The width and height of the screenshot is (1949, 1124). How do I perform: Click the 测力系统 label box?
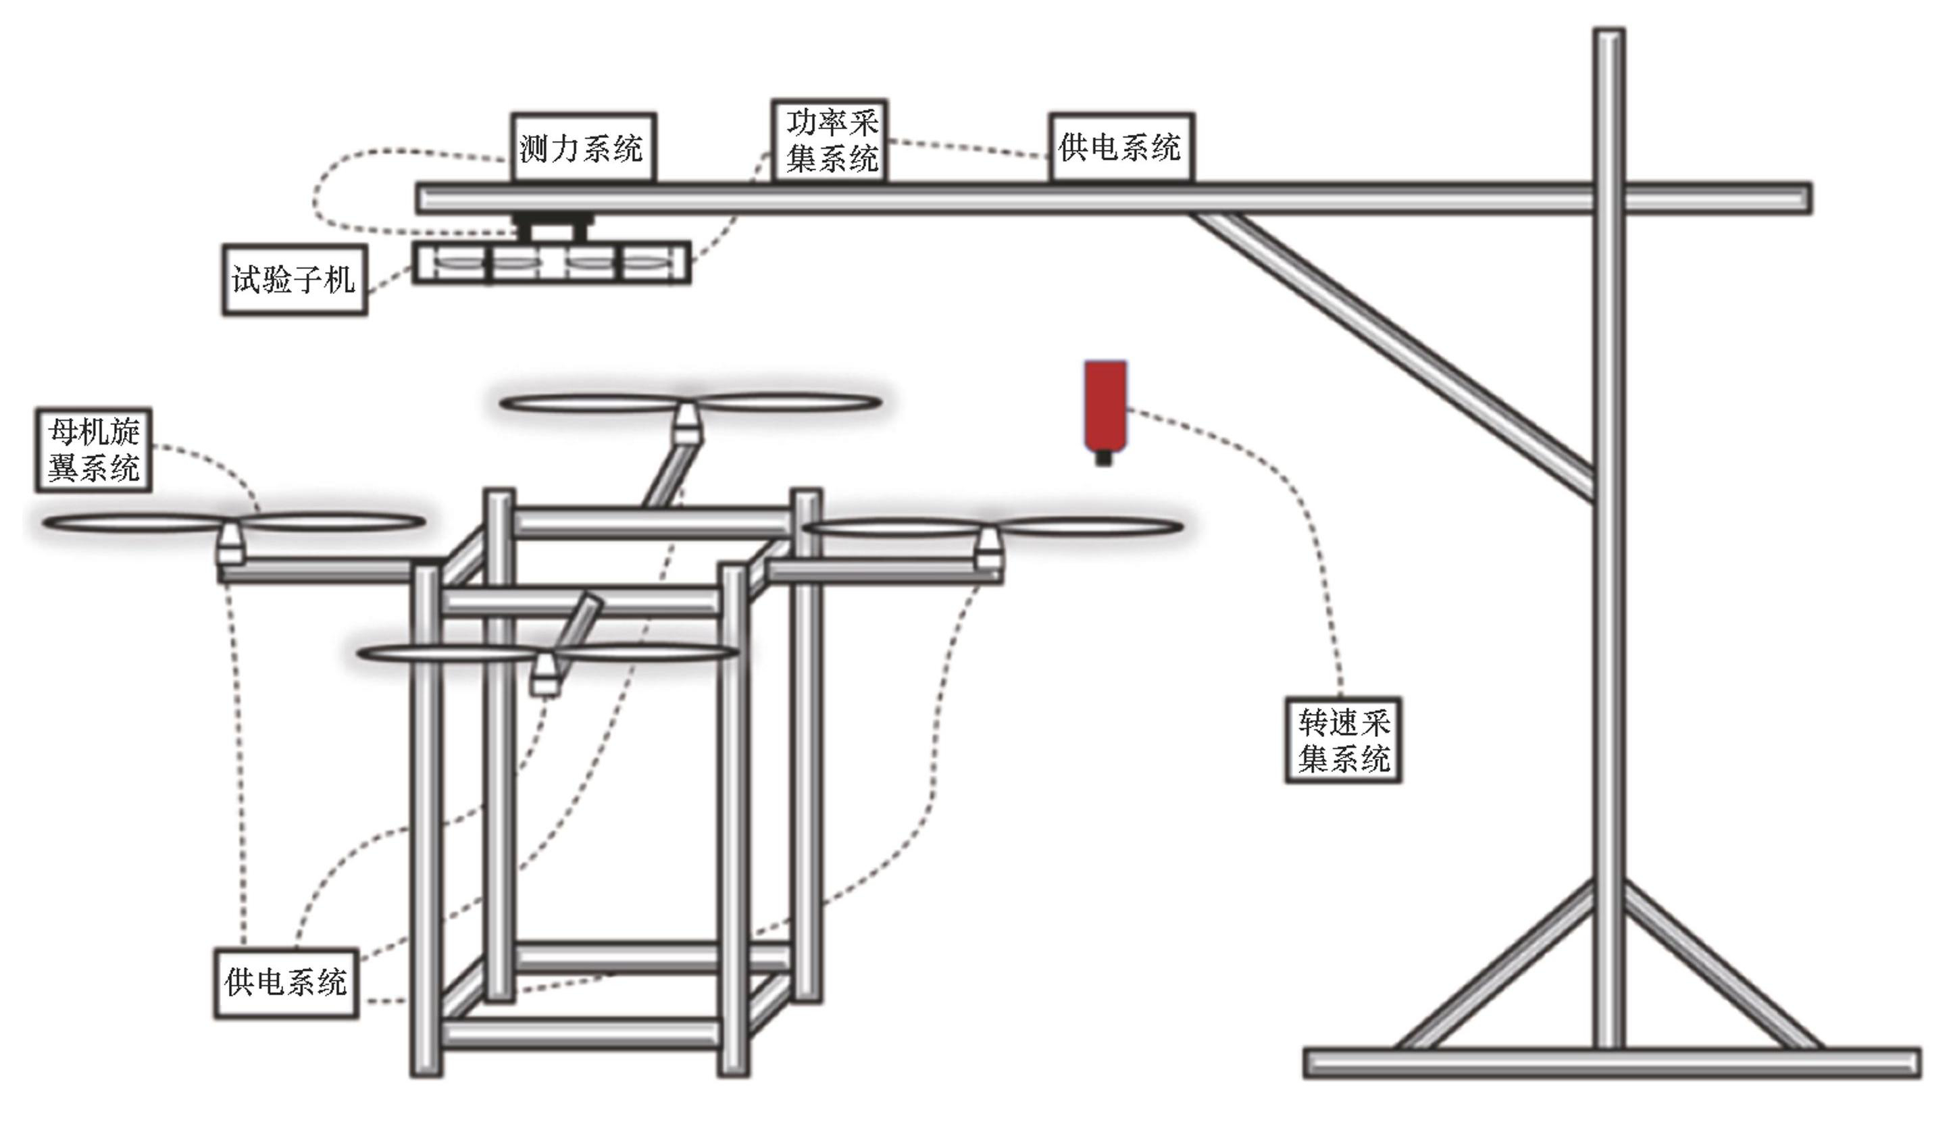(584, 147)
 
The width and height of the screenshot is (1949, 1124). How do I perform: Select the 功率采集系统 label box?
(830, 140)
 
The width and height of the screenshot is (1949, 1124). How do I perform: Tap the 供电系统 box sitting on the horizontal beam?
(1121, 147)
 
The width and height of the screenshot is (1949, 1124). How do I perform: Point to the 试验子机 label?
(295, 280)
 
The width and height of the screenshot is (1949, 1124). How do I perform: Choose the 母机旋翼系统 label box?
(93, 450)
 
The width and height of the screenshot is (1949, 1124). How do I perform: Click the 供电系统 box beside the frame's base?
(286, 983)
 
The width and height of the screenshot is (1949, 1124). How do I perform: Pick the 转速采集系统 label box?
(1343, 740)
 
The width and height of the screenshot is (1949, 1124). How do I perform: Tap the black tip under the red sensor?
(1105, 459)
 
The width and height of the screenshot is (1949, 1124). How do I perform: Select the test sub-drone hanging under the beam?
(551, 263)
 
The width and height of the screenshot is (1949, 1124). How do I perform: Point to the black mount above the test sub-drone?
(551, 227)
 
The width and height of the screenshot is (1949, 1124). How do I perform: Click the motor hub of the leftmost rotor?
(230, 545)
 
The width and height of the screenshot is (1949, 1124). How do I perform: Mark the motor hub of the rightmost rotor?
(989, 550)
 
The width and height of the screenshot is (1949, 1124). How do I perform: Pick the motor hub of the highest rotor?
(686, 425)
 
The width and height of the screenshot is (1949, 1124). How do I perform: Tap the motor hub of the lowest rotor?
(546, 675)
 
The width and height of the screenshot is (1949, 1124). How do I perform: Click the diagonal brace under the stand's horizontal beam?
(1392, 357)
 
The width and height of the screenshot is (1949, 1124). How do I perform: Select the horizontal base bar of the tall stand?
(1613, 1063)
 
